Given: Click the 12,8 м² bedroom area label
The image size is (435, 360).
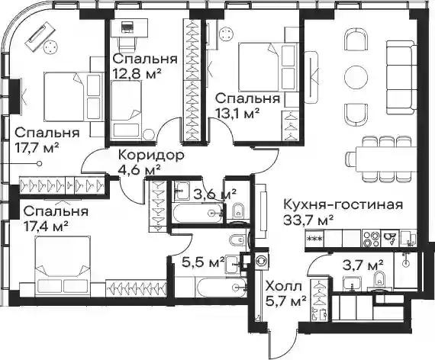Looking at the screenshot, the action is click(137, 74).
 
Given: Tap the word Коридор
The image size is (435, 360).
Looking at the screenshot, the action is click(151, 156).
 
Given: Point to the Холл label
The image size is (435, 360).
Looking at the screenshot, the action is click(283, 287).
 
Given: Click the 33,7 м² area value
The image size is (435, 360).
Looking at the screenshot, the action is click(308, 220).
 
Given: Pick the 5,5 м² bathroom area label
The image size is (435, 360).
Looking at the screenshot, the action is click(203, 262).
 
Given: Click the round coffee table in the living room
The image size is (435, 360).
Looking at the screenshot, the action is click(356, 77).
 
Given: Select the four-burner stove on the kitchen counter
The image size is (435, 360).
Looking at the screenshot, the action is click(371, 239).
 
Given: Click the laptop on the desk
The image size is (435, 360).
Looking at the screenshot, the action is click(127, 27).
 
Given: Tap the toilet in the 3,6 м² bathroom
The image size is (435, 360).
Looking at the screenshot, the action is click(237, 211).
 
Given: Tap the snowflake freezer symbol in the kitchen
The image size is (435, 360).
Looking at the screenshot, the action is click(314, 239).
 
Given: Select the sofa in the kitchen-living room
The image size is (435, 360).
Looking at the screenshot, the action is click(401, 77).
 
